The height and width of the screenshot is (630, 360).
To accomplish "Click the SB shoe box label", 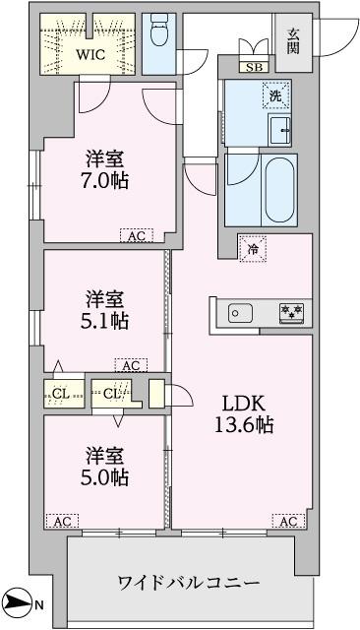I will [254, 68].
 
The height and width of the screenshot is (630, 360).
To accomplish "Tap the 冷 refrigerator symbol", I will [253, 250].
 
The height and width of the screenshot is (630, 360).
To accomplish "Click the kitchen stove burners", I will [291, 313].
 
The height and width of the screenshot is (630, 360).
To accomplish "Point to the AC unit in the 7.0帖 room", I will [136, 235].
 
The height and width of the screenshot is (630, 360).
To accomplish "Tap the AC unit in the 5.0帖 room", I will [60, 521].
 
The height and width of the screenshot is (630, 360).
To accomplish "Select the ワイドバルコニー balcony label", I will [189, 583].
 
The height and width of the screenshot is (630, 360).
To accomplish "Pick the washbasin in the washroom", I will [279, 128].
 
